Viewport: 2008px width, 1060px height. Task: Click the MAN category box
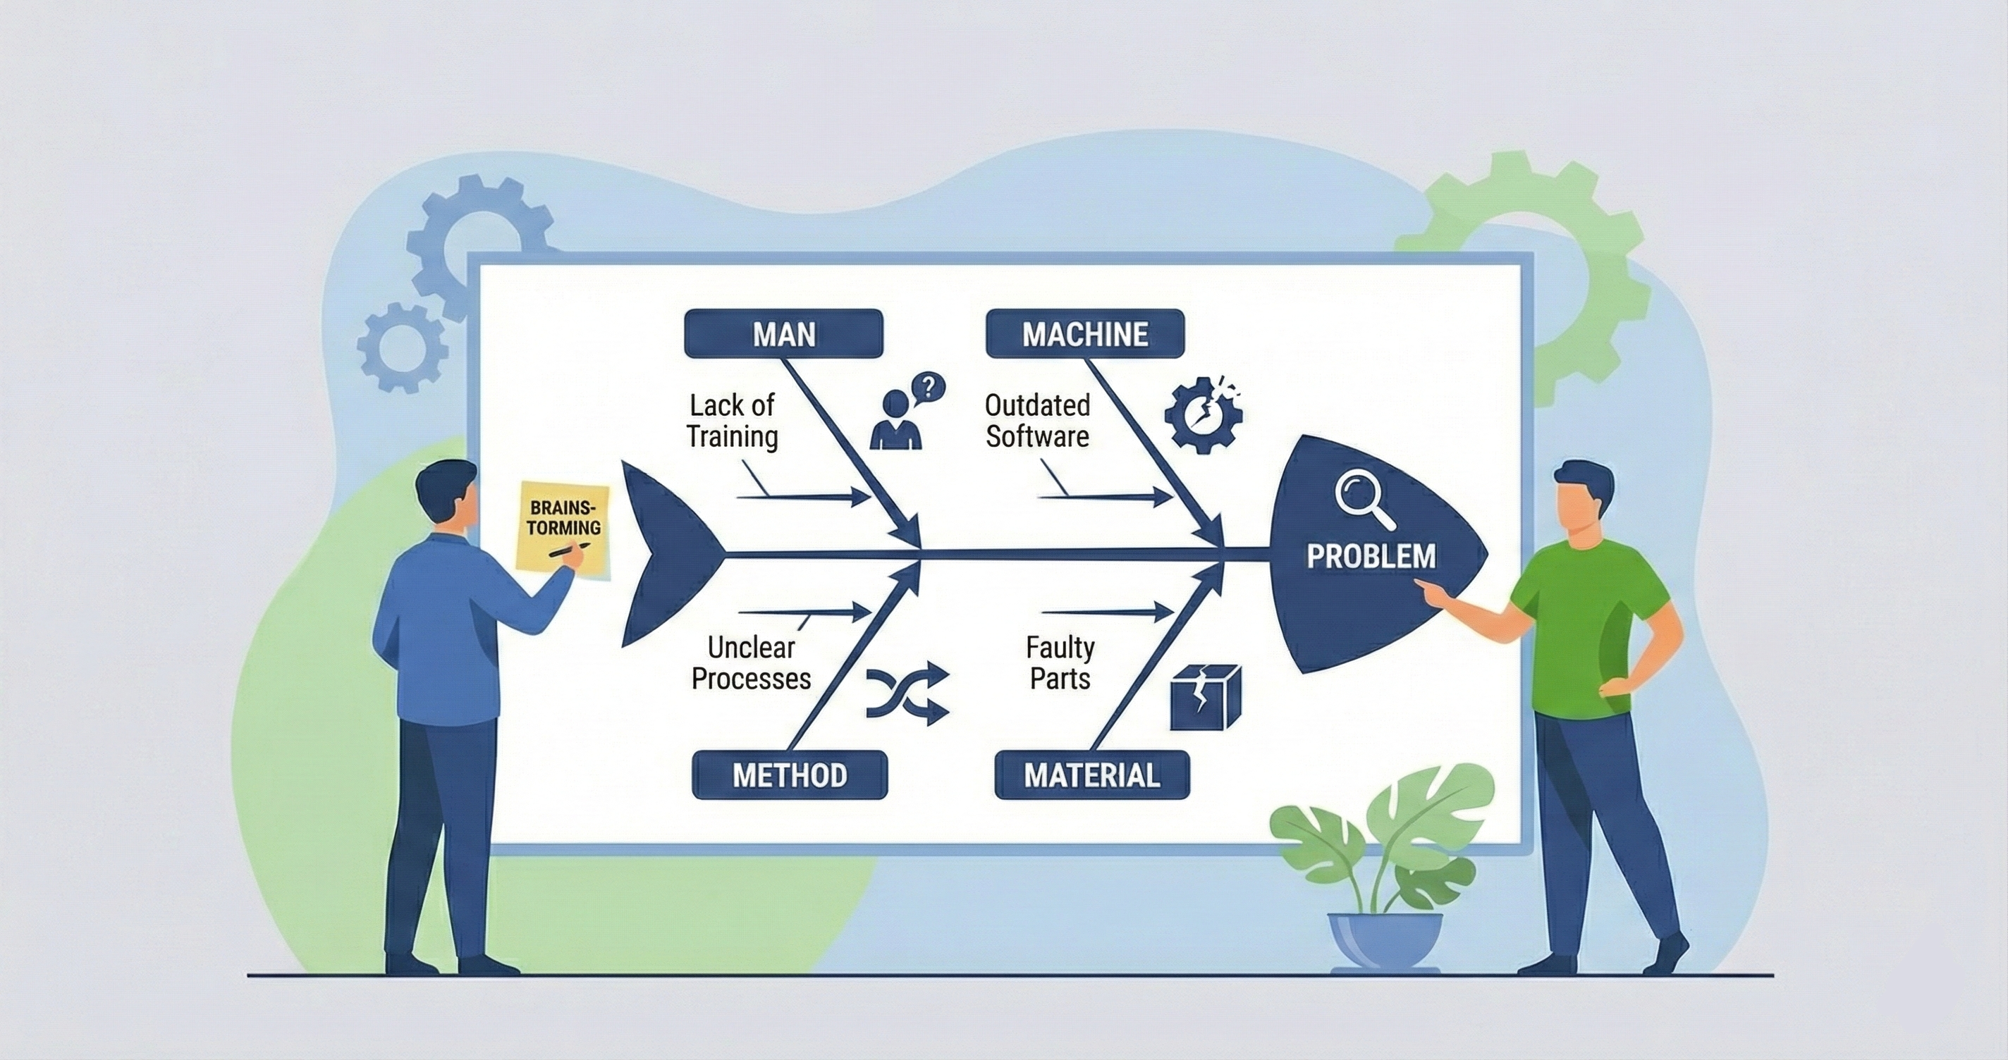click(x=783, y=333)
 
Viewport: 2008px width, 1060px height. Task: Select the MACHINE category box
click(x=1085, y=333)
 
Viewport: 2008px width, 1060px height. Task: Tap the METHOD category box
click(x=790, y=775)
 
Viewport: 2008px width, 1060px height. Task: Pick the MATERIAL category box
click(x=1092, y=775)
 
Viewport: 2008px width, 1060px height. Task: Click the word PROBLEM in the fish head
click(x=1371, y=557)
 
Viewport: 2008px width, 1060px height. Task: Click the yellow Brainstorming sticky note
click(x=563, y=529)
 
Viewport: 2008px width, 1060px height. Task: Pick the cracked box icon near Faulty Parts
click(x=1205, y=697)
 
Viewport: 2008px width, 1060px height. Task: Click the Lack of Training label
click(x=732, y=421)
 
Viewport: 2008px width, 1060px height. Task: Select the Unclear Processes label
click(x=751, y=663)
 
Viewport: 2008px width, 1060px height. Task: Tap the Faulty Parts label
click(x=1060, y=663)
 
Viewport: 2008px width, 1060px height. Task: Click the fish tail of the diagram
click(x=663, y=553)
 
